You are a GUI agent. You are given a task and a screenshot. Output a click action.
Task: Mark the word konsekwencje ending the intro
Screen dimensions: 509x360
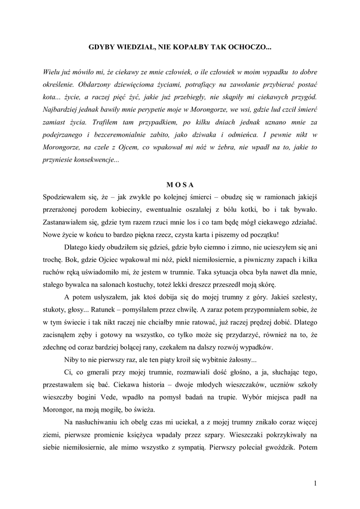[94, 160]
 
